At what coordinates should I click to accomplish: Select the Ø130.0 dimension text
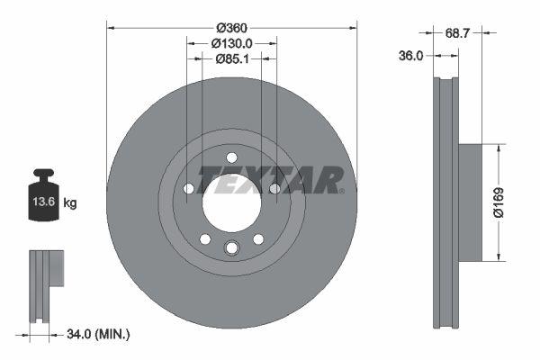231,41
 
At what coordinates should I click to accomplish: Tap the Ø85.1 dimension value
231,59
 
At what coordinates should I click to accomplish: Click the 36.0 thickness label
410,55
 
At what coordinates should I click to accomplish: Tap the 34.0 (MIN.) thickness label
98,335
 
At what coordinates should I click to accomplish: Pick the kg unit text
70,203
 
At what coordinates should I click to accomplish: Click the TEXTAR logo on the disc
270,178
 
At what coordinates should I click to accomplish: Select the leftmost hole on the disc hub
188,188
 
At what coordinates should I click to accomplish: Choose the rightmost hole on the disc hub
274,188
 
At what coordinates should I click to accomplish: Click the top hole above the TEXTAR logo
231,157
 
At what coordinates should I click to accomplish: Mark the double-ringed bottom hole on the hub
231,248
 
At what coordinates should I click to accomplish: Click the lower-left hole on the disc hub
205,238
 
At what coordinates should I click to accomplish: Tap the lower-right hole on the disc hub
258,238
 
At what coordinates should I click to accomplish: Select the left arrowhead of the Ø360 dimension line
110,26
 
